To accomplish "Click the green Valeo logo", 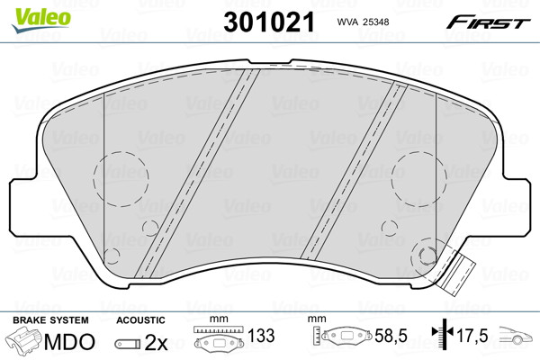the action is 41,20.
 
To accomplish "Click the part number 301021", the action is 269,22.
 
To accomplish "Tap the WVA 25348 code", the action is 363,22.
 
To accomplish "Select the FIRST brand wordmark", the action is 489,22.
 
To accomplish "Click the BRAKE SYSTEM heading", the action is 50,320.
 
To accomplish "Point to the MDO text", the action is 69,342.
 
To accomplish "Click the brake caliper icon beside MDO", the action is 25,341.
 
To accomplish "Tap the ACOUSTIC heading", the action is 140,320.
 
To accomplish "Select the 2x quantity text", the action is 156,342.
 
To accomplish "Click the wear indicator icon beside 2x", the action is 128,344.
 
